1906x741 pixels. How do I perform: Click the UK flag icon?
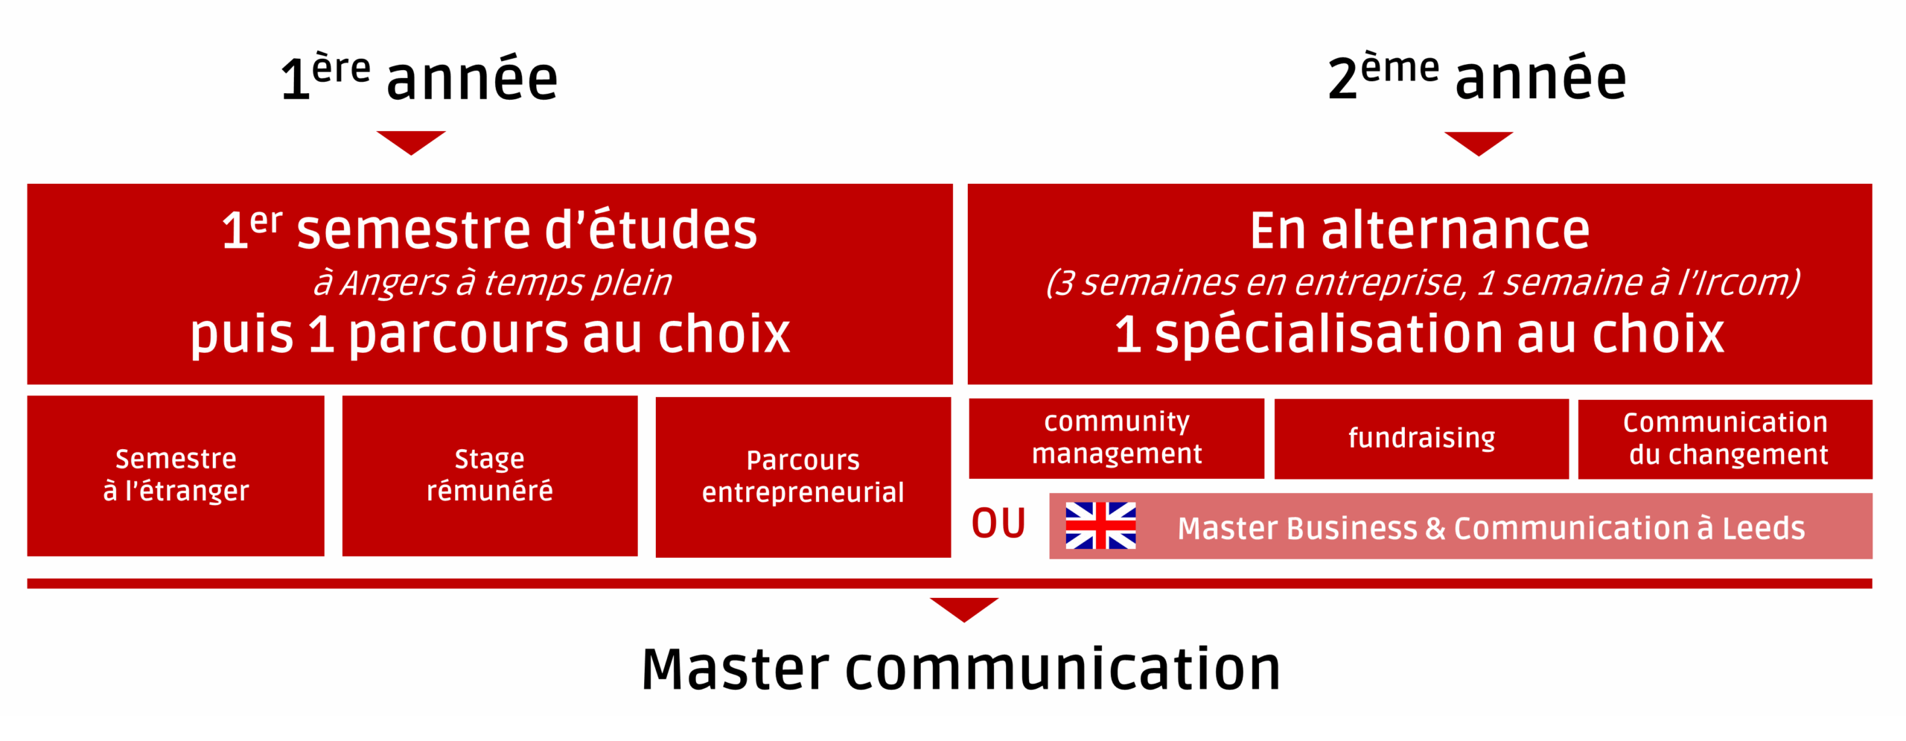1100,526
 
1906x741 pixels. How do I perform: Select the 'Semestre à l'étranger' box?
176,476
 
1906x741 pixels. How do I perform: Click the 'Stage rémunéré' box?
490,476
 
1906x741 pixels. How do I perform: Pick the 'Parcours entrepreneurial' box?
803,477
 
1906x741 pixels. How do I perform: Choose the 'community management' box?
1116,439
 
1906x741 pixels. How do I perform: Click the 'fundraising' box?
1421,439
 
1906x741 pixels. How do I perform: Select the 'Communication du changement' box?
1725,439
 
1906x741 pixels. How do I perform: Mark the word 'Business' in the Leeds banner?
1352,528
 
